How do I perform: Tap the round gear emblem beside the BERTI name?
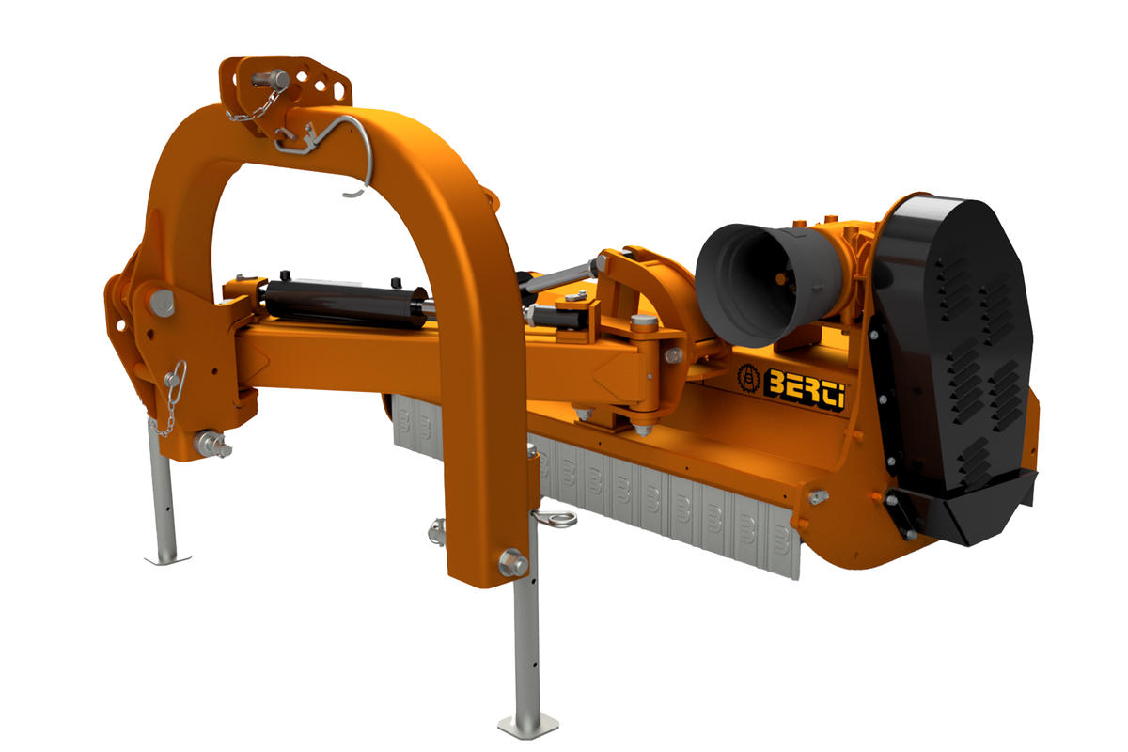coord(749,378)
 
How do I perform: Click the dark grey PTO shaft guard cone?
coord(767,284)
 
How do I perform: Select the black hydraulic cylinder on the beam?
coord(348,304)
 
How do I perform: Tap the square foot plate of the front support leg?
coord(527,727)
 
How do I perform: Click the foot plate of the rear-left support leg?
coord(167,559)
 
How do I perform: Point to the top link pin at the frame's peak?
coord(271,79)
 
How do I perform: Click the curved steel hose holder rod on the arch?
coord(333,146)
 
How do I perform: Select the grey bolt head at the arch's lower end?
coord(513,563)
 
